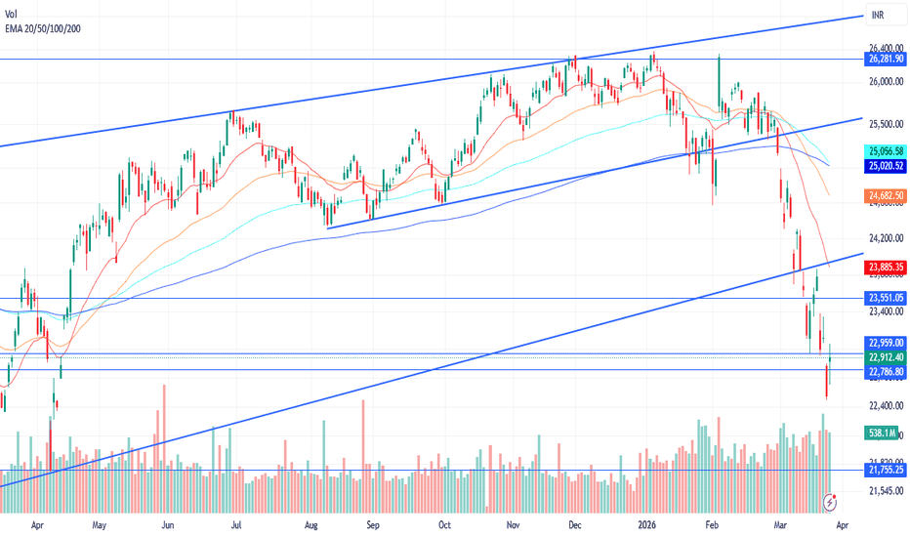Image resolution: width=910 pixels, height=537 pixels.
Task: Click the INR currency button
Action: point(878,16)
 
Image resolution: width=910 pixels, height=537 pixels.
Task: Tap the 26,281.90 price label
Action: point(886,60)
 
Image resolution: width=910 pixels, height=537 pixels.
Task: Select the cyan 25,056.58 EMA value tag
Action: point(886,151)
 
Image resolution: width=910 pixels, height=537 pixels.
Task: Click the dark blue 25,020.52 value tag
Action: point(886,167)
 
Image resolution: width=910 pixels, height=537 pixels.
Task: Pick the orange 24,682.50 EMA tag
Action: point(886,196)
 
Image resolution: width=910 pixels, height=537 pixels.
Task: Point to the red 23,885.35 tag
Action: point(886,266)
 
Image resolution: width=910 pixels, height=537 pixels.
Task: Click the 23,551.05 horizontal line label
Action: point(886,298)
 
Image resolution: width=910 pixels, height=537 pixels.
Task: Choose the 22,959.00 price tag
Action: point(886,343)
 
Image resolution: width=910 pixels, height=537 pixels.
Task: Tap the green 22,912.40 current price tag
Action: point(886,357)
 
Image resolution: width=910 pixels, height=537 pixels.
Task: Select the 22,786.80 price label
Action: point(886,371)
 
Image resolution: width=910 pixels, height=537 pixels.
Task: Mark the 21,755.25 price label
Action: point(886,470)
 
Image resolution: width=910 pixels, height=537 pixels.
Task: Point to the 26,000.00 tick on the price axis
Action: point(885,82)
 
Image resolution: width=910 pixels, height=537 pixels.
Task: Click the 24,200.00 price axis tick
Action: point(885,237)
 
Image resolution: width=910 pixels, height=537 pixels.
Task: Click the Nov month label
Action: point(512,523)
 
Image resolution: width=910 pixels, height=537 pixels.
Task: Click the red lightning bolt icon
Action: point(831,501)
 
